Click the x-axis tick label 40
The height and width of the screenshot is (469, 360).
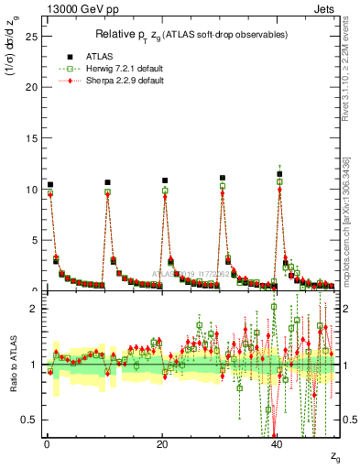pyautogui.click(x=278, y=444)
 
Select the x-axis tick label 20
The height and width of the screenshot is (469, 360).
pyautogui.click(x=162, y=444)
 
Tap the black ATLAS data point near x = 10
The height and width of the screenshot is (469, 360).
pyautogui.click(x=107, y=182)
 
